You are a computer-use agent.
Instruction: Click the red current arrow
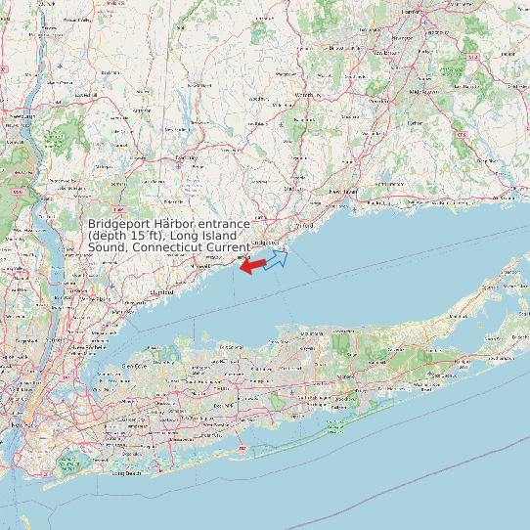coord(252,265)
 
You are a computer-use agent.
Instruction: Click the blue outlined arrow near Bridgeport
coord(276,259)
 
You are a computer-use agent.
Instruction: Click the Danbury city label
coord(185,156)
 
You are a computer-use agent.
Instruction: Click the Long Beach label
coord(126,473)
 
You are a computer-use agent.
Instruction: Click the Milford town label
coord(301,225)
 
